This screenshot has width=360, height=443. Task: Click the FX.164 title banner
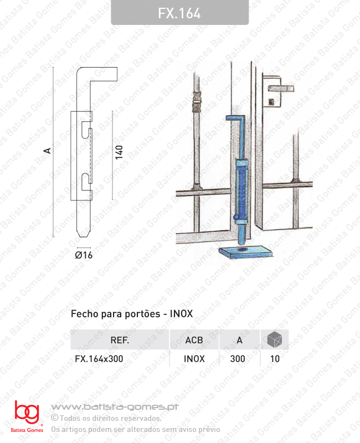pyautogui.click(x=179, y=13)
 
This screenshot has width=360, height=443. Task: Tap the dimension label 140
pyautogui.click(x=119, y=153)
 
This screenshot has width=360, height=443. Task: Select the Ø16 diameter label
pyautogui.click(x=83, y=255)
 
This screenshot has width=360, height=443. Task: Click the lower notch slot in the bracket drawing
pyautogui.click(x=85, y=179)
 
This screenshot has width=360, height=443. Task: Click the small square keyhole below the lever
pyautogui.click(x=272, y=101)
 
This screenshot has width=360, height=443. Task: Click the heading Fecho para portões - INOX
pyautogui.click(x=132, y=314)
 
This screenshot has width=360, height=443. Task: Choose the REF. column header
pyautogui.click(x=120, y=340)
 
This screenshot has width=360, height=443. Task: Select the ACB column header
pyautogui.click(x=194, y=340)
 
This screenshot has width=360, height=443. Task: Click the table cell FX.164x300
pyautogui.click(x=99, y=358)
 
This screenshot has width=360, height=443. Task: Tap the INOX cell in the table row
pyautogui.click(x=194, y=358)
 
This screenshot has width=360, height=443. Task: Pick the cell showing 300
pyautogui.click(x=238, y=358)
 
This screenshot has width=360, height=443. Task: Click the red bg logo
pyautogui.click(x=27, y=413)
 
